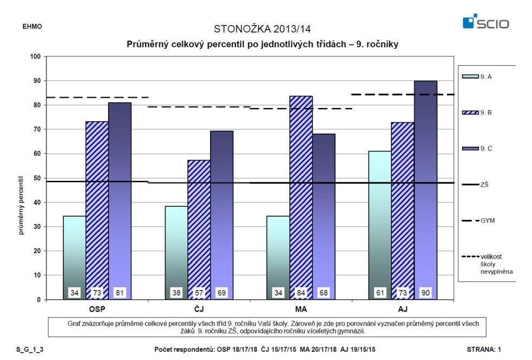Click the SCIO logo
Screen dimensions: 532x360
[x=486, y=21]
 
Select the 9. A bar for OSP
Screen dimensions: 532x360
[x=75, y=257]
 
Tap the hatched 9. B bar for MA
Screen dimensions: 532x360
[x=301, y=198]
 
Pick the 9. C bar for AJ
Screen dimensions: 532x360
[x=426, y=190]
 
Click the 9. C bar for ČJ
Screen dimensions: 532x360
[x=221, y=215]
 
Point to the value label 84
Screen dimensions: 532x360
[x=301, y=293]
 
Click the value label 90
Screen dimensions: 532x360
[x=426, y=293]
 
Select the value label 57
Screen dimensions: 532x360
[x=199, y=293]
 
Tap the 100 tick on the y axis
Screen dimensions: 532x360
[x=35, y=56]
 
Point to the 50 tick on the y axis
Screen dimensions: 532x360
[x=37, y=178]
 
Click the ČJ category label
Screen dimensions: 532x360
[x=199, y=309]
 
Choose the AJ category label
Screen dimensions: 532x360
[x=403, y=309]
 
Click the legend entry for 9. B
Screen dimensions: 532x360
[x=477, y=112]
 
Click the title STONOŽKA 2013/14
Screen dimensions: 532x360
[x=262, y=29]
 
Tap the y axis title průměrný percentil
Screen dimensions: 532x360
[x=21, y=205]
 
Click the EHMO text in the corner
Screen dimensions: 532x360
[x=32, y=27]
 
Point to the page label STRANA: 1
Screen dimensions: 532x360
[x=484, y=350]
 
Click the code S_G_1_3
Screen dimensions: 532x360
[x=30, y=350]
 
